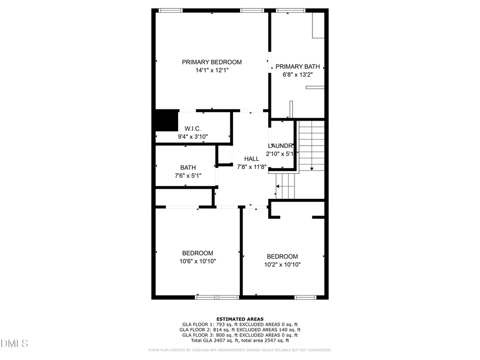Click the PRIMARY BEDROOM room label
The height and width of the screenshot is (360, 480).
[x=212, y=62]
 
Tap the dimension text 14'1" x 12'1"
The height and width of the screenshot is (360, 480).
[x=212, y=70]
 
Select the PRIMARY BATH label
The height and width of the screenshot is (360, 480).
[x=298, y=67]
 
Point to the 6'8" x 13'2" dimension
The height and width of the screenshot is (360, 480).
[x=298, y=75]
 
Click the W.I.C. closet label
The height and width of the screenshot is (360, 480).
[x=193, y=129]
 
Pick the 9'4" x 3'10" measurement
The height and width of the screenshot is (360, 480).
[x=193, y=137]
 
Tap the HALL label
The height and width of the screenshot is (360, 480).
[x=252, y=159]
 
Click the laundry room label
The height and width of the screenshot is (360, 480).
[x=281, y=146]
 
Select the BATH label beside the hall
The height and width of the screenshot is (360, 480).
[x=188, y=167]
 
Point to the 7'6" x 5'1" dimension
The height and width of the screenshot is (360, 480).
[x=188, y=175]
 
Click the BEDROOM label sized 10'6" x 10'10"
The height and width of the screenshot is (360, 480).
[x=197, y=253]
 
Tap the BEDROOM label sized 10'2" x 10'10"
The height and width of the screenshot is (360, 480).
[x=283, y=257]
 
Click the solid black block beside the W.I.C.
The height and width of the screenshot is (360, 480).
[x=166, y=121]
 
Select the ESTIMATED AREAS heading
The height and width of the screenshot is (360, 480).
[x=240, y=319]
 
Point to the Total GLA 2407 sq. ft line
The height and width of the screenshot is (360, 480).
[x=240, y=340]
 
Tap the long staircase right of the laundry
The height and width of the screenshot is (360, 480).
[x=311, y=145]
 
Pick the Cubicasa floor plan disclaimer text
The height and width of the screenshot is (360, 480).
[x=240, y=350]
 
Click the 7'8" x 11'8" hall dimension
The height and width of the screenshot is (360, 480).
[x=252, y=167]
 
